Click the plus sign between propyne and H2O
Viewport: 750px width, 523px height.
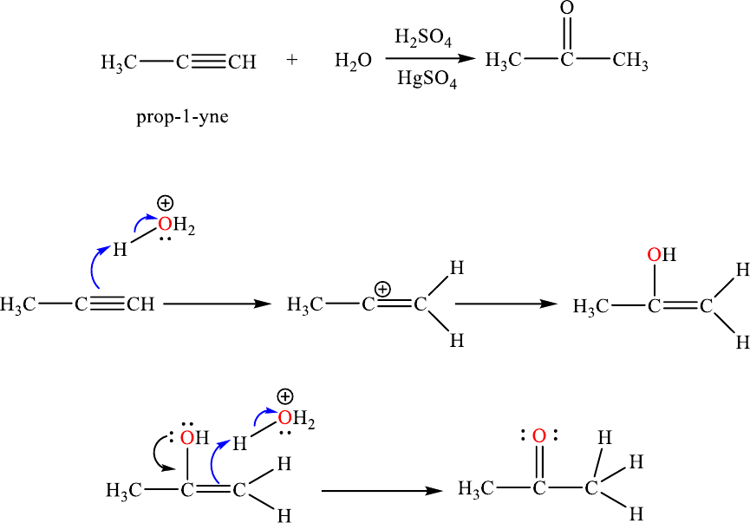click(x=291, y=62)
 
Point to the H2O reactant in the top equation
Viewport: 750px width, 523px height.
click(x=353, y=62)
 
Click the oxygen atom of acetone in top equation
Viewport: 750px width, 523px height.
click(x=567, y=9)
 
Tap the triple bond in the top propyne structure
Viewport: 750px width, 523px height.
click(x=209, y=62)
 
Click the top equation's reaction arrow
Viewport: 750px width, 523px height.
click(x=430, y=59)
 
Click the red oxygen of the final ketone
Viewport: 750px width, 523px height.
click(x=538, y=435)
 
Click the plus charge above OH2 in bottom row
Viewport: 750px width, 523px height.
click(x=284, y=397)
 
